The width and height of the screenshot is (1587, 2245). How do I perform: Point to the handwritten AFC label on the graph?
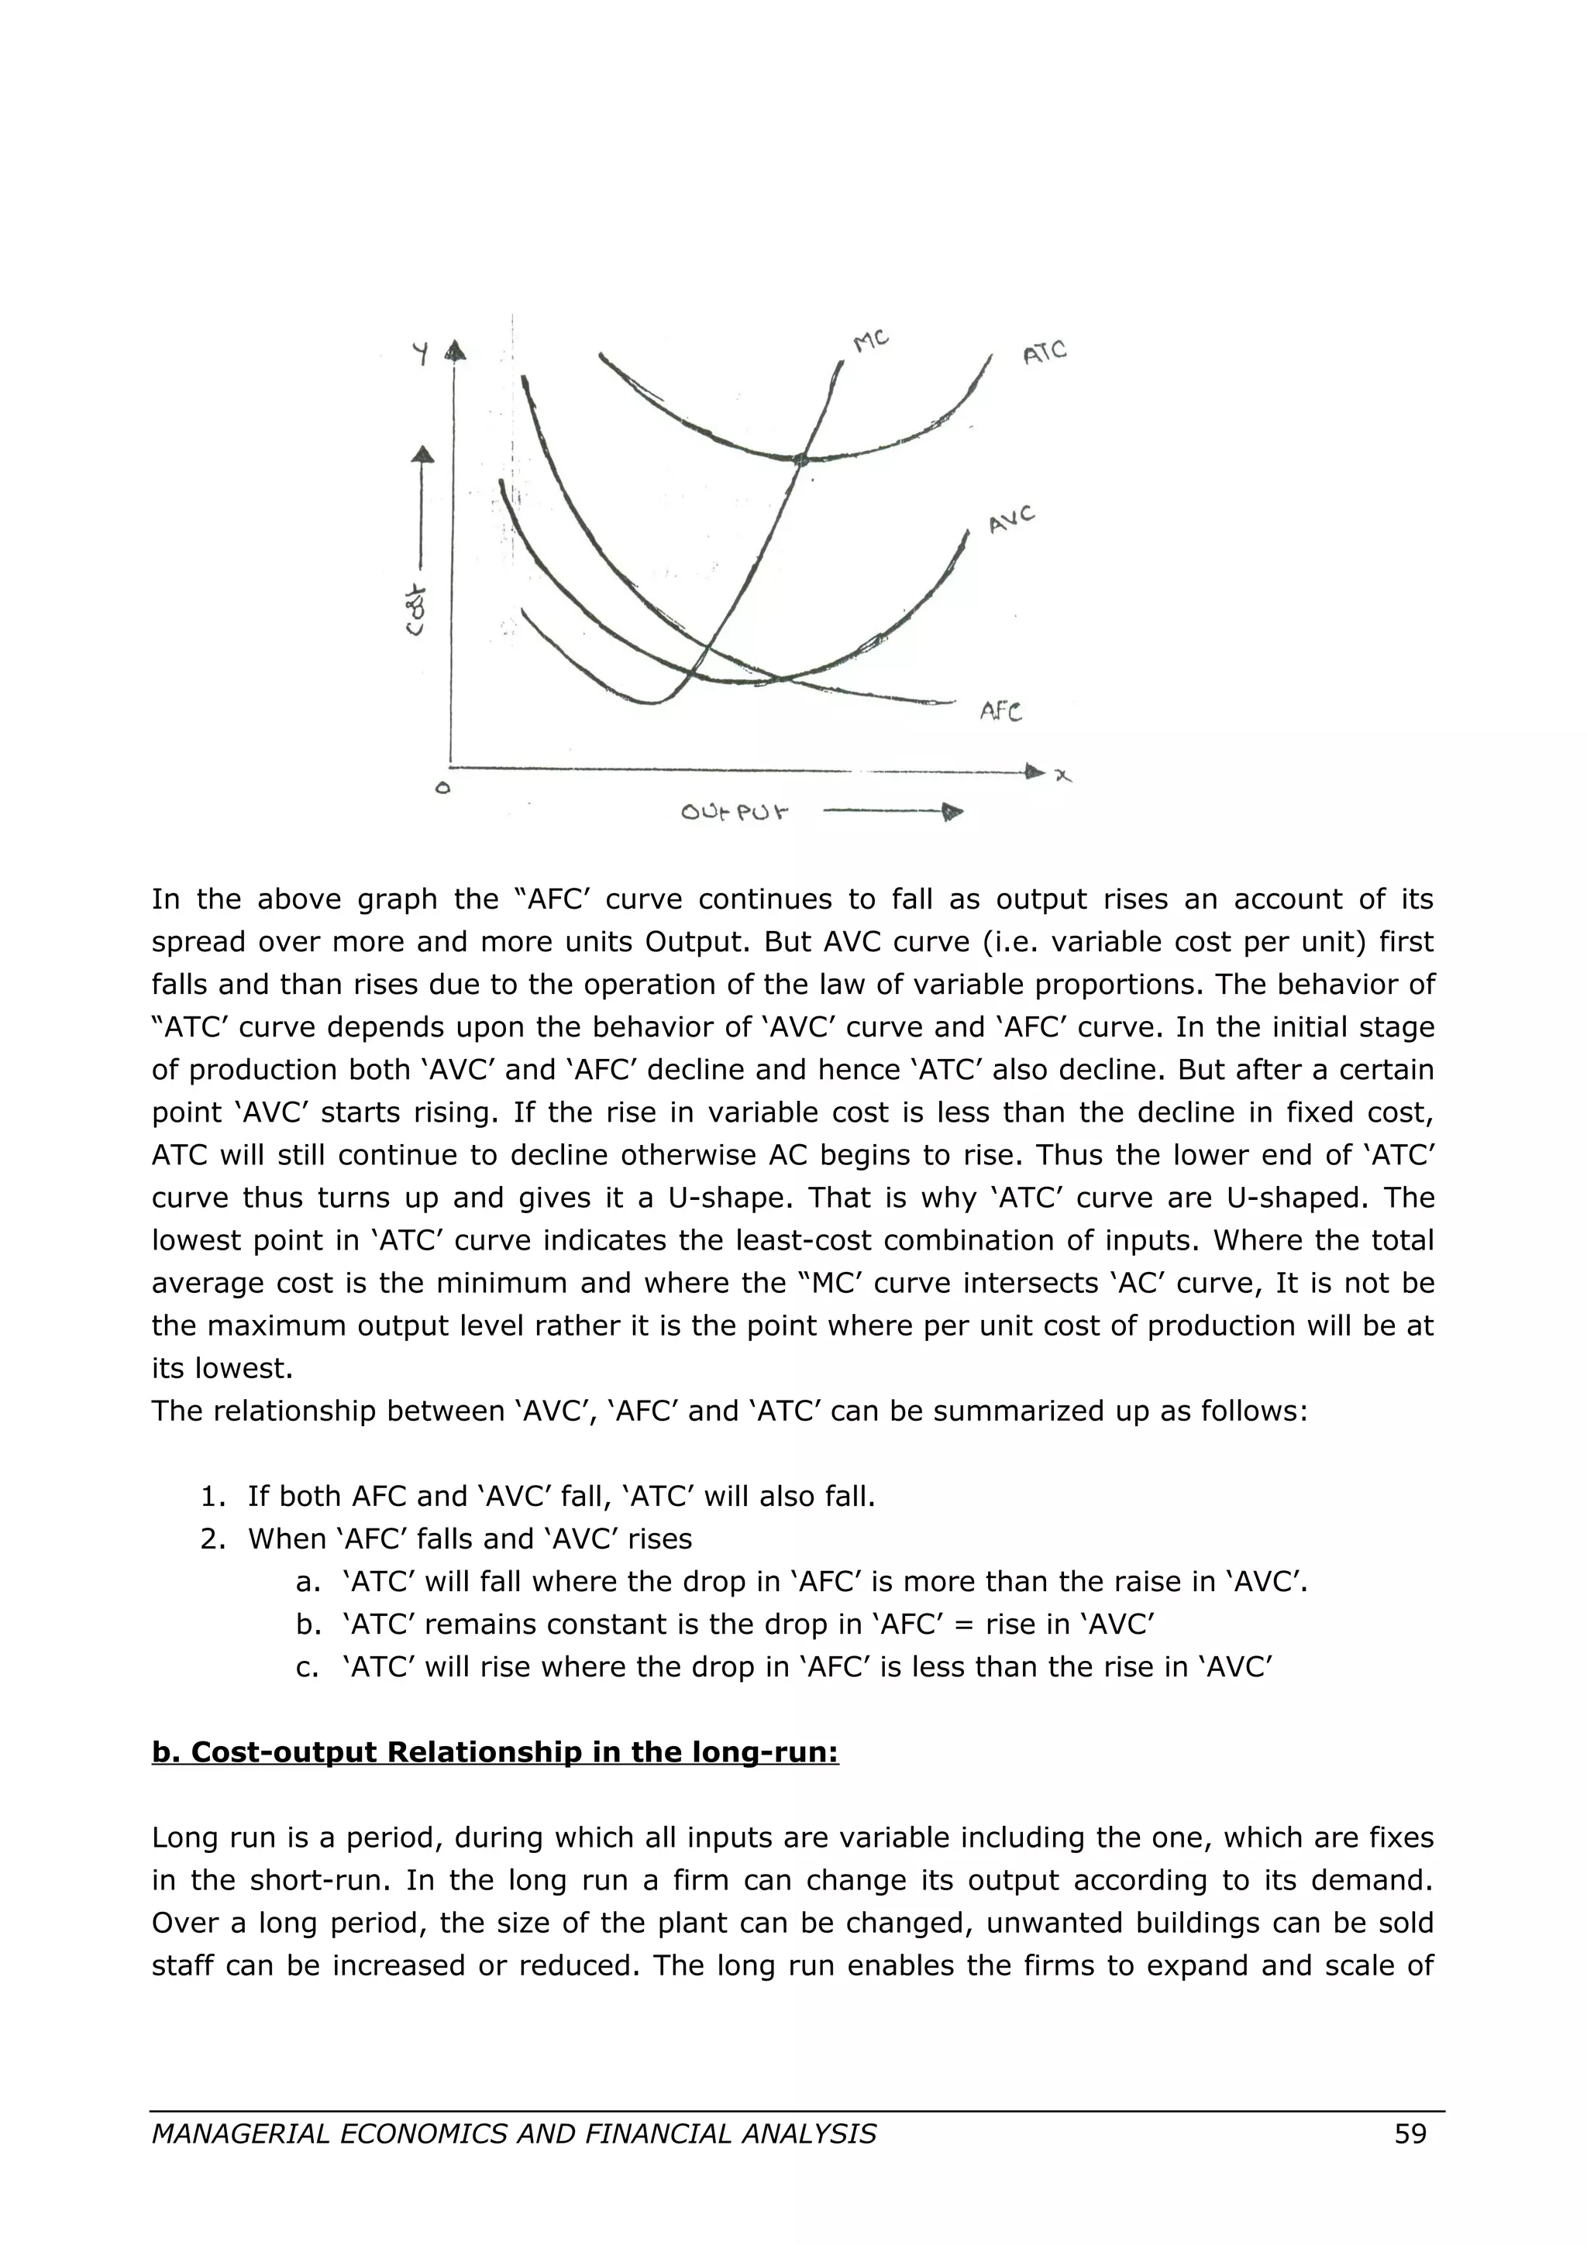[1001, 712]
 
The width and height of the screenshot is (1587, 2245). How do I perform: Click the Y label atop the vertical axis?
[421, 353]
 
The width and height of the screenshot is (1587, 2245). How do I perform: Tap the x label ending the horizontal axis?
[1063, 775]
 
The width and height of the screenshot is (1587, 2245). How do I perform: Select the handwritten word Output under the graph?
[735, 812]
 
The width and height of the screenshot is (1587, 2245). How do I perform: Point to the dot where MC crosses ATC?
[800, 459]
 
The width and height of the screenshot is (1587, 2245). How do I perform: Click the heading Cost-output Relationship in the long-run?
[495, 1752]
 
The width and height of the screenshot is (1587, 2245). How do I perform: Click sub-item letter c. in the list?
[307, 1666]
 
